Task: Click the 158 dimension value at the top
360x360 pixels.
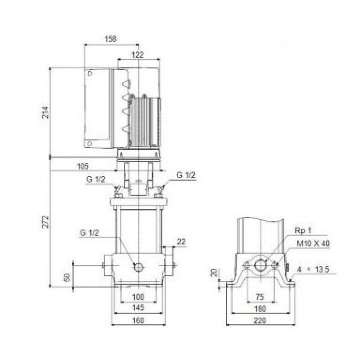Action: tap(110, 39)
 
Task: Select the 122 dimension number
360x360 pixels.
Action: tap(138, 55)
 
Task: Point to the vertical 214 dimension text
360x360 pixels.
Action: tap(46, 112)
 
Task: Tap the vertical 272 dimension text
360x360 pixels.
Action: tap(46, 221)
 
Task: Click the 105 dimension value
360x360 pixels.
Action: tap(83, 166)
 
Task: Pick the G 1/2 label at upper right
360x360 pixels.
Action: tap(186, 175)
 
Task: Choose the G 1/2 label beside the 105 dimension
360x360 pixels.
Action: tap(96, 179)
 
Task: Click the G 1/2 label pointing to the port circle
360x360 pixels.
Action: tap(89, 233)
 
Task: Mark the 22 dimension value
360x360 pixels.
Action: tap(181, 242)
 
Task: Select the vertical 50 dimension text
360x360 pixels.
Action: tap(67, 277)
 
